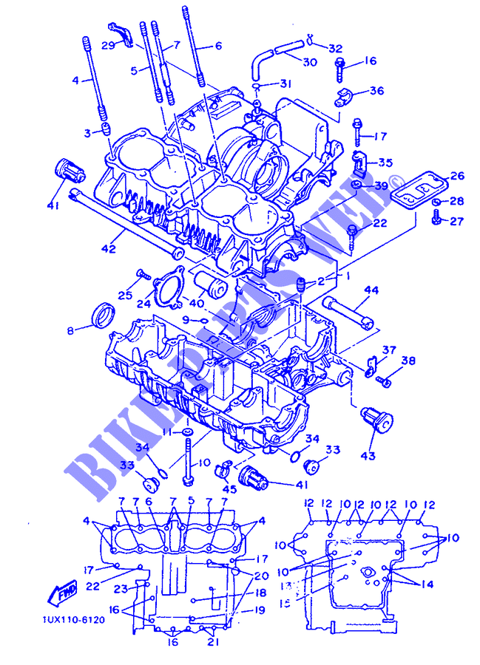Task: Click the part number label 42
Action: (x=108, y=249)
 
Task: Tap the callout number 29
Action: (x=108, y=46)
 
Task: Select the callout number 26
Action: (x=457, y=176)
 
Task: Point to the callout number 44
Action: (x=371, y=290)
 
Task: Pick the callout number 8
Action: (x=71, y=331)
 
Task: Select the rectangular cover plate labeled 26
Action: (x=416, y=186)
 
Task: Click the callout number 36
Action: (x=376, y=92)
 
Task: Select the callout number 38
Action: (x=408, y=362)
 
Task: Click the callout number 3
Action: (x=87, y=132)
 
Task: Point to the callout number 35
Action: (x=386, y=163)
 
